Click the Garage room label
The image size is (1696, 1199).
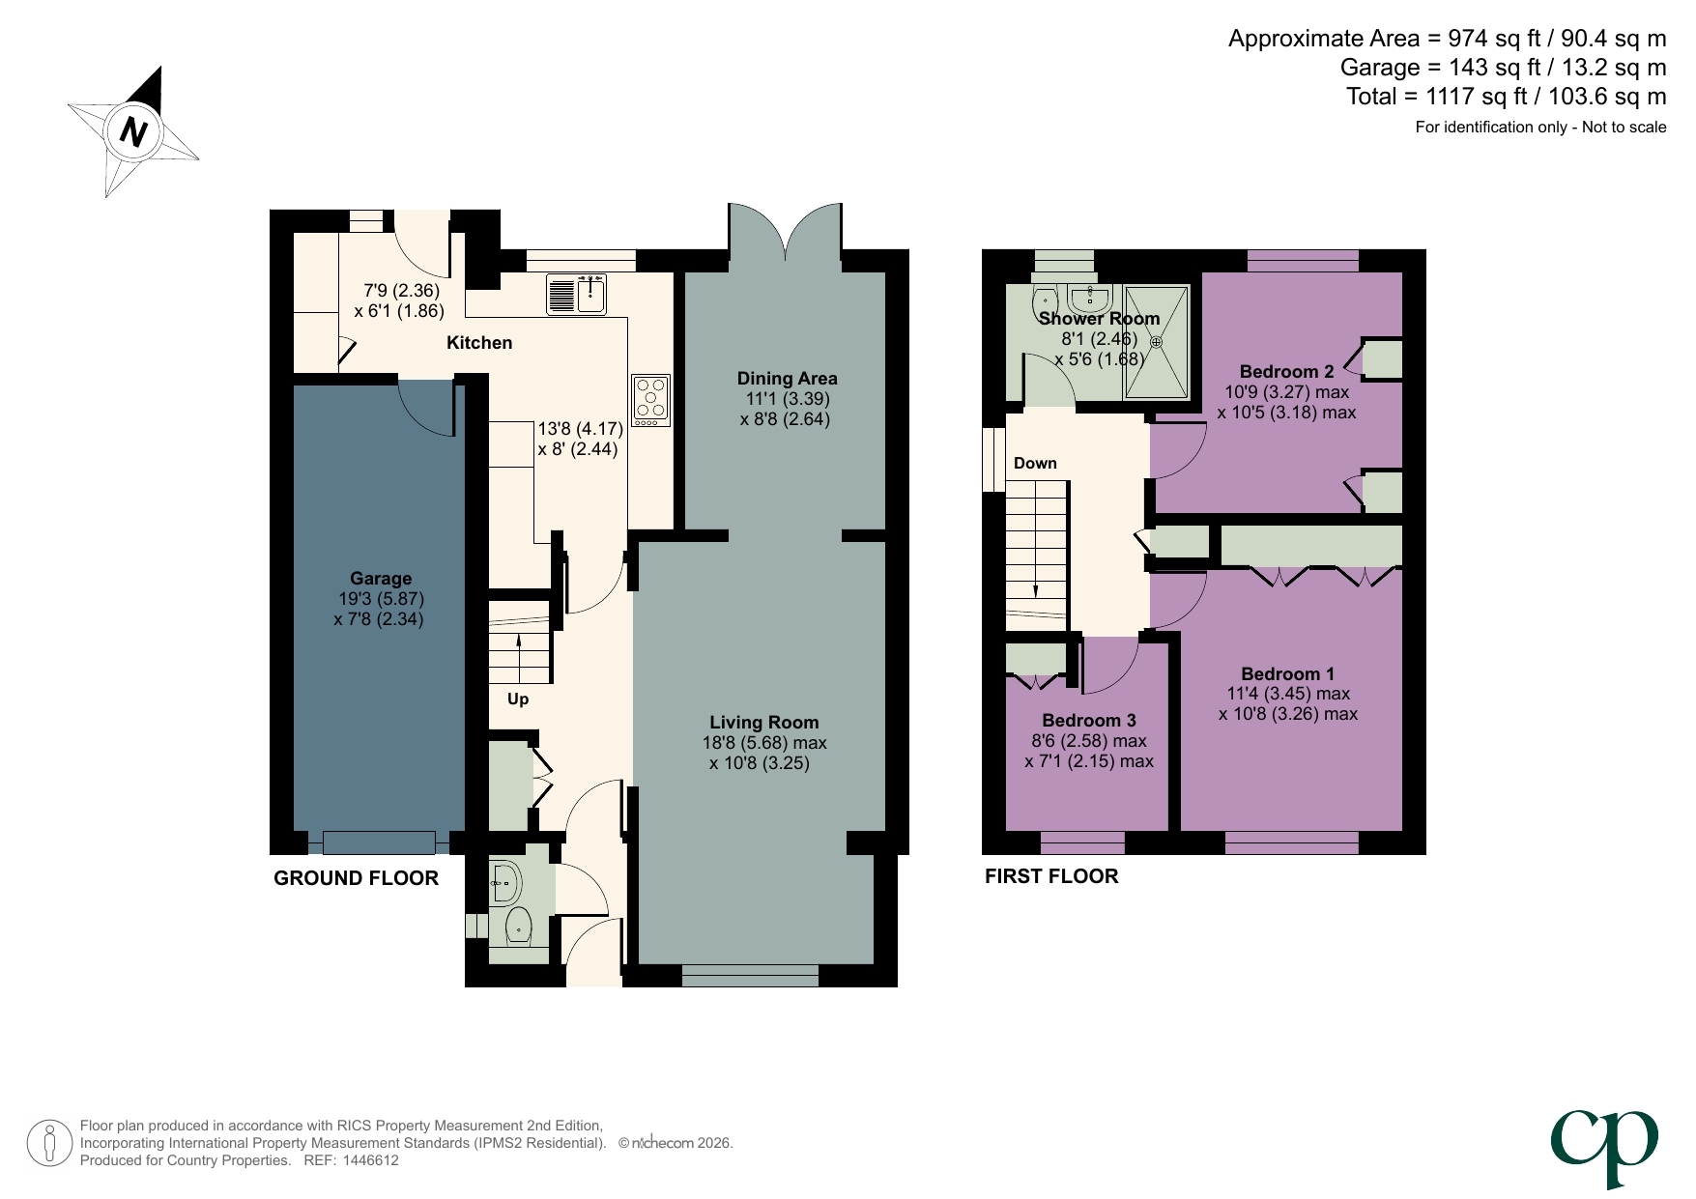381,579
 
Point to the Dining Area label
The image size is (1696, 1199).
787,379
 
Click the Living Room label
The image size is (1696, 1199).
763,722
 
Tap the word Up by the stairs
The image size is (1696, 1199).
518,699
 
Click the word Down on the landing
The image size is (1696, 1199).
1035,463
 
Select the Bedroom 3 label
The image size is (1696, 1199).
1089,720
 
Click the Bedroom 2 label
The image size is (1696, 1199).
1286,371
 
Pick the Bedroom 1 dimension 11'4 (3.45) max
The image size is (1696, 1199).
1288,694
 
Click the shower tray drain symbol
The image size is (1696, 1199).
1156,341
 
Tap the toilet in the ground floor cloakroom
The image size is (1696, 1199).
519,926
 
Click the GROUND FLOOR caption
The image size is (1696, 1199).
356,878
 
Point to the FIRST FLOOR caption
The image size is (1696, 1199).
1051,876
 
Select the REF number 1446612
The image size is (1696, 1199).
370,1160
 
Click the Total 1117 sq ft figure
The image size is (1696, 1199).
1506,97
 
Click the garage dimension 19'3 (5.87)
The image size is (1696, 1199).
379,599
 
